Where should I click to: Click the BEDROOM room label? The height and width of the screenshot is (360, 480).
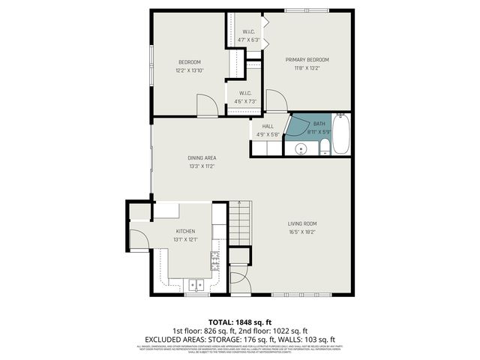(x=189, y=61)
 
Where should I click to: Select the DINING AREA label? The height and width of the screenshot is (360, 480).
(x=202, y=157)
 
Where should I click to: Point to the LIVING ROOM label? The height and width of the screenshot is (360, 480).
(x=302, y=223)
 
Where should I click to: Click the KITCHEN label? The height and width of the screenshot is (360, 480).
(x=185, y=231)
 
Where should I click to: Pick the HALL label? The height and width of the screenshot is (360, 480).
(x=268, y=127)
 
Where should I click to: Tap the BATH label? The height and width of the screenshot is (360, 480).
(x=319, y=124)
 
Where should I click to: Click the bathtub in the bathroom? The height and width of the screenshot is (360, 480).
(x=340, y=134)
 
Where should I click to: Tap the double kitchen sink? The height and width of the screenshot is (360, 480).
(x=196, y=285)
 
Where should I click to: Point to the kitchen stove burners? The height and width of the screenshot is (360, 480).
(x=215, y=262)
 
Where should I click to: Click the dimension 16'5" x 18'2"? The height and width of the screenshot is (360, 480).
(x=302, y=232)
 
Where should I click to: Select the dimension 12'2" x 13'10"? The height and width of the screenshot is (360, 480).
(x=189, y=70)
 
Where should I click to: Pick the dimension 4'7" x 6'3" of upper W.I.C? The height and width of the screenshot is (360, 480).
(x=248, y=40)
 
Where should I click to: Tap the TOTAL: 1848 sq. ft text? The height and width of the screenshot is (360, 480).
(x=239, y=320)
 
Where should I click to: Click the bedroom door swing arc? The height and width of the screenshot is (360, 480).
(x=206, y=105)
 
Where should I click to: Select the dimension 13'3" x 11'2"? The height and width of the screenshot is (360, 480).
(x=202, y=166)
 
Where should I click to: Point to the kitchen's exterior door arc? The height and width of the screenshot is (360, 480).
(x=139, y=238)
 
